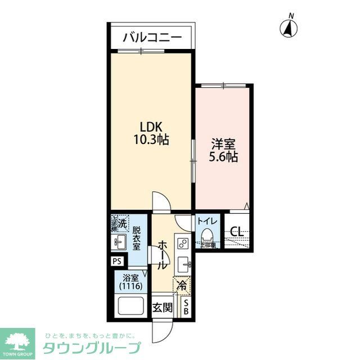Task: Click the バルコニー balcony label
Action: coord(152,38)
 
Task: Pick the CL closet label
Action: coord(237,231)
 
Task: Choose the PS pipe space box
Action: coord(117,262)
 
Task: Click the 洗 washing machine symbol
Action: coord(120,224)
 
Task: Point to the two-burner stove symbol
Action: coord(182,244)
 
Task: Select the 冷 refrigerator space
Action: coord(182,286)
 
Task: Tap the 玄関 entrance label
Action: coord(163,308)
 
